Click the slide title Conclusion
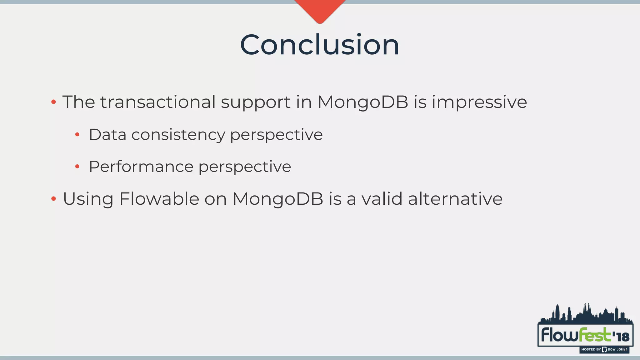point(319,45)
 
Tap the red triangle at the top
point(320,9)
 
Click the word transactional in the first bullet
point(157,102)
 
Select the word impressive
point(479,102)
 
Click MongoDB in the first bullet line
point(362,102)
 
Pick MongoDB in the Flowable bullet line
point(277,199)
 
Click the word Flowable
point(159,199)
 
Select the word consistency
point(178,135)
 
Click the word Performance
point(141,167)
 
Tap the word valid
point(382,199)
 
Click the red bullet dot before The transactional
point(53,102)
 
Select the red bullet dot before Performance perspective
point(77,167)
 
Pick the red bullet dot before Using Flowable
point(53,199)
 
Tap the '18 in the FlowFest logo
point(621,337)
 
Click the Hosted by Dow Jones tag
point(604,349)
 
